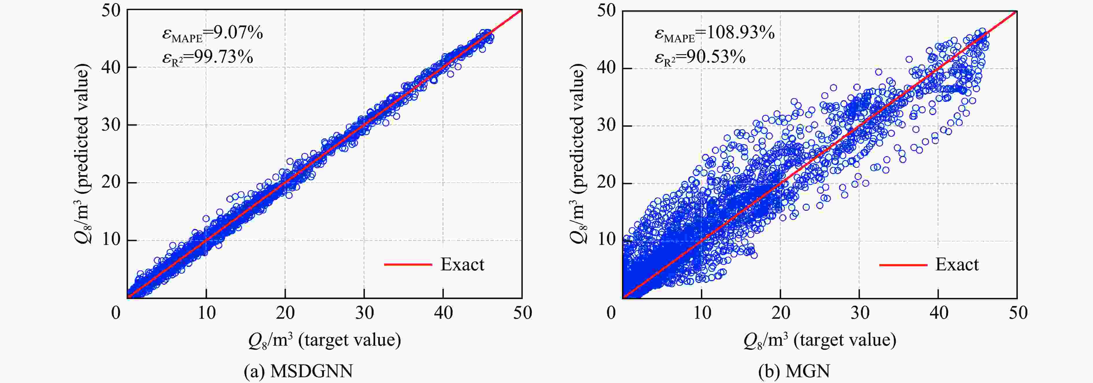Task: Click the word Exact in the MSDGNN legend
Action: coord(462,265)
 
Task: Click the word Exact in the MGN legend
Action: coord(957,265)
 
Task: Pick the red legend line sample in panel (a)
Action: coord(408,265)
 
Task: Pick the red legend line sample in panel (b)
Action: coord(903,265)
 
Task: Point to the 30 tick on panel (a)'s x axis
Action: coord(364,313)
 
